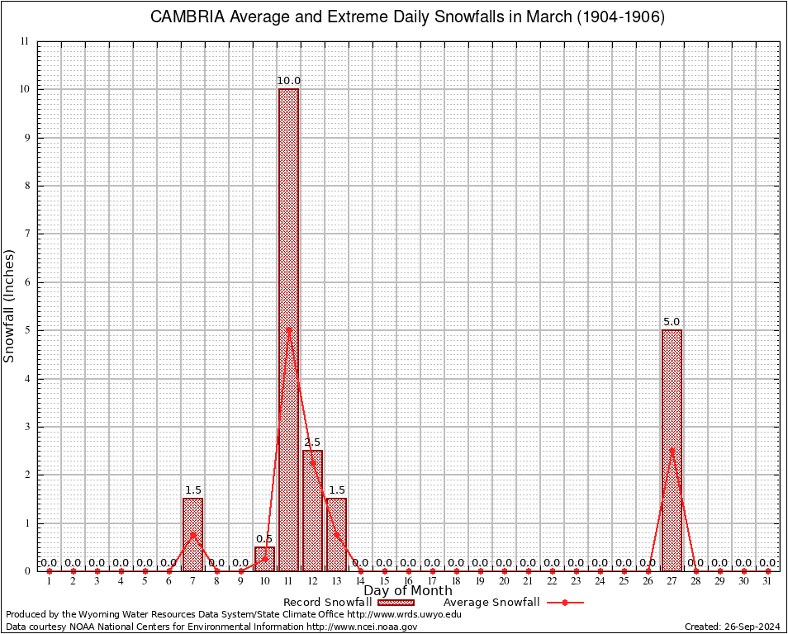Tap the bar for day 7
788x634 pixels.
(x=192, y=534)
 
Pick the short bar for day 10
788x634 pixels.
(x=264, y=559)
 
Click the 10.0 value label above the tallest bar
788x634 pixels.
(x=288, y=81)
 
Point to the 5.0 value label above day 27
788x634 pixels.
(x=672, y=322)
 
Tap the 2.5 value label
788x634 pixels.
(x=312, y=442)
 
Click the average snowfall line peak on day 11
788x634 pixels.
(x=288, y=330)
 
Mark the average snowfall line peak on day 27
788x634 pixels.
(x=672, y=451)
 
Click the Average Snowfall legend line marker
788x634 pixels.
(x=564, y=603)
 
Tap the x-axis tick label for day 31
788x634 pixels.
(x=767, y=582)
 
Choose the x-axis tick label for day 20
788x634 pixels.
(x=504, y=582)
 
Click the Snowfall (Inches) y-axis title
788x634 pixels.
(x=10, y=305)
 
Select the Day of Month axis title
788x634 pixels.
(x=408, y=591)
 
